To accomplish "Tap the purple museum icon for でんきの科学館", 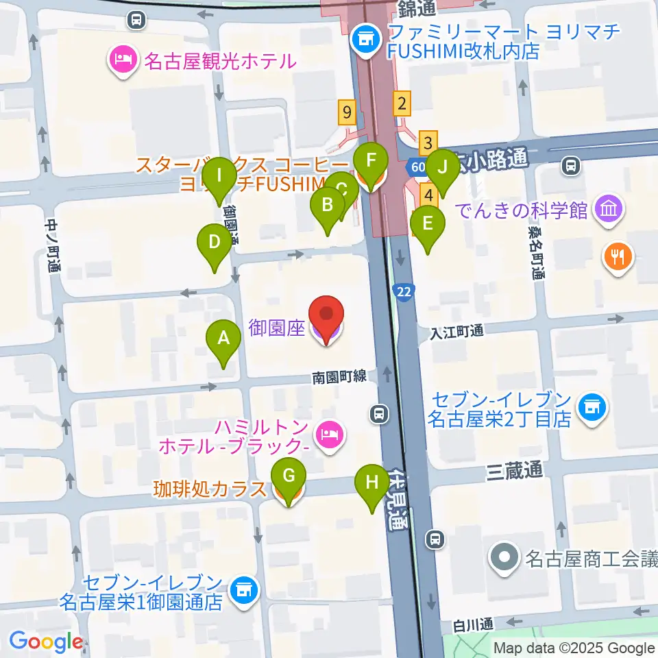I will (x=608, y=208).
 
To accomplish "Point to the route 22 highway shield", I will (x=404, y=292).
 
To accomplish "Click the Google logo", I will (x=46, y=641).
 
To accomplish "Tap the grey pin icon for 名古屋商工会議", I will (x=506, y=559).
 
